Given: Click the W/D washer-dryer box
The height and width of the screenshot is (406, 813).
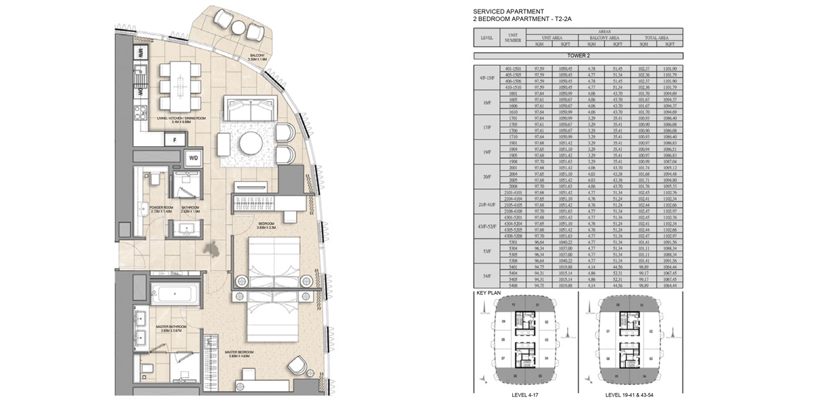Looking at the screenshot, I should (x=194, y=158).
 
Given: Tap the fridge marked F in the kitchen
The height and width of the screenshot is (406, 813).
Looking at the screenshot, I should (x=175, y=139).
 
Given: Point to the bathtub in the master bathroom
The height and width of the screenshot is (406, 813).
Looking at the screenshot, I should (x=174, y=294).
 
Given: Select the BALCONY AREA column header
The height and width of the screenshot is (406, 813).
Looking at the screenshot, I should (x=604, y=38).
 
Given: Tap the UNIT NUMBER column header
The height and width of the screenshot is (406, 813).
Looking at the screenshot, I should (x=513, y=38).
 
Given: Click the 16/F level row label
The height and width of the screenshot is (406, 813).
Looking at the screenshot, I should (x=486, y=104).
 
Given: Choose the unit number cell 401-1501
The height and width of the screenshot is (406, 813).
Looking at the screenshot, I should (x=513, y=69).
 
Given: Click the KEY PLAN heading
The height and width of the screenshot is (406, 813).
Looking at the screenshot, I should (x=489, y=294).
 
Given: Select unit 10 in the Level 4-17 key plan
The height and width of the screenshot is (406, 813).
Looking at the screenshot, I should (x=513, y=305).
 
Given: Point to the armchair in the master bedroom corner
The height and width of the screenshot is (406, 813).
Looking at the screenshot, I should (x=296, y=365).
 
